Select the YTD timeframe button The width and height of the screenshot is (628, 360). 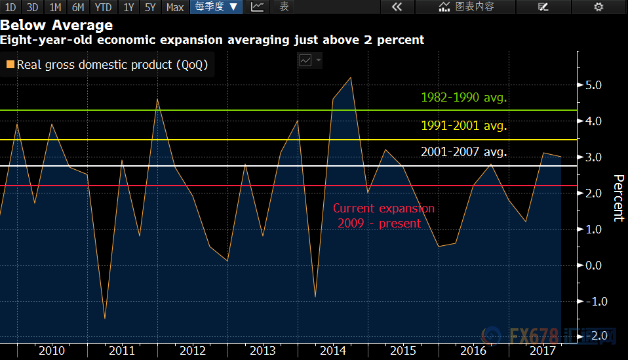[102, 7]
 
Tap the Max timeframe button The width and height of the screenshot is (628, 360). [175, 7]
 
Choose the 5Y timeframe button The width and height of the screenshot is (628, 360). [150, 7]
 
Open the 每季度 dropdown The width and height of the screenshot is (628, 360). [216, 7]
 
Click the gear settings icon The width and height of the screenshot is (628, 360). [598, 7]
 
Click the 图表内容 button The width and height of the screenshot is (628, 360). [466, 7]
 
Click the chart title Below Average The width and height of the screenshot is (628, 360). [57, 26]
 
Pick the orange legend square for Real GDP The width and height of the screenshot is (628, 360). [10, 65]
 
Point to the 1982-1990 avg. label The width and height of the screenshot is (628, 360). [464, 98]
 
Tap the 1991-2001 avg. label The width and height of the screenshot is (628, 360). [464, 126]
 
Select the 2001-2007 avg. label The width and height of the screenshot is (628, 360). [464, 152]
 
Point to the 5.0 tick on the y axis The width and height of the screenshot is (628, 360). [593, 85]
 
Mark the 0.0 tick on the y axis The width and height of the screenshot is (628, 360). [593, 266]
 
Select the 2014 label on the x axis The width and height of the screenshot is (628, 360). [333, 351]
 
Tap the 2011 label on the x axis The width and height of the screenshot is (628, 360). [122, 351]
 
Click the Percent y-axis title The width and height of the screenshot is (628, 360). [618, 198]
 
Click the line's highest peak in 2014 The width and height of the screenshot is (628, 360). [351, 77]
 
